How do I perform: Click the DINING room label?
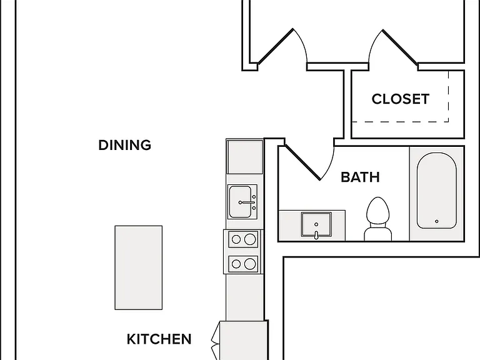(x=125, y=145)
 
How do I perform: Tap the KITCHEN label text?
(x=159, y=339)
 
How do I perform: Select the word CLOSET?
(x=401, y=99)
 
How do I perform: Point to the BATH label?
(x=360, y=177)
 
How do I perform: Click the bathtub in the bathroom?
(x=436, y=191)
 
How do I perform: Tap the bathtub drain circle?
(x=436, y=221)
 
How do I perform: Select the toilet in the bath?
(x=378, y=219)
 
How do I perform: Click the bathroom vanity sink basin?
(x=316, y=224)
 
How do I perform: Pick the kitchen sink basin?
(x=240, y=202)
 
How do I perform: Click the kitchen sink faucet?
(x=247, y=202)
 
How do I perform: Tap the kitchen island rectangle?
(x=138, y=267)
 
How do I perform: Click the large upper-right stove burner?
(x=250, y=239)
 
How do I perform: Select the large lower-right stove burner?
(x=250, y=264)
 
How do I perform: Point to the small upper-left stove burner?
(x=236, y=239)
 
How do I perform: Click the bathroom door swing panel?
(x=302, y=162)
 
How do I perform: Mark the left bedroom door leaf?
(x=275, y=46)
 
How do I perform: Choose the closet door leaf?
(x=400, y=47)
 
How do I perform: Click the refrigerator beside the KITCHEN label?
(x=244, y=341)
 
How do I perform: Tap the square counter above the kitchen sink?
(x=244, y=157)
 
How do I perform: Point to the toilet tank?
(x=378, y=234)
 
